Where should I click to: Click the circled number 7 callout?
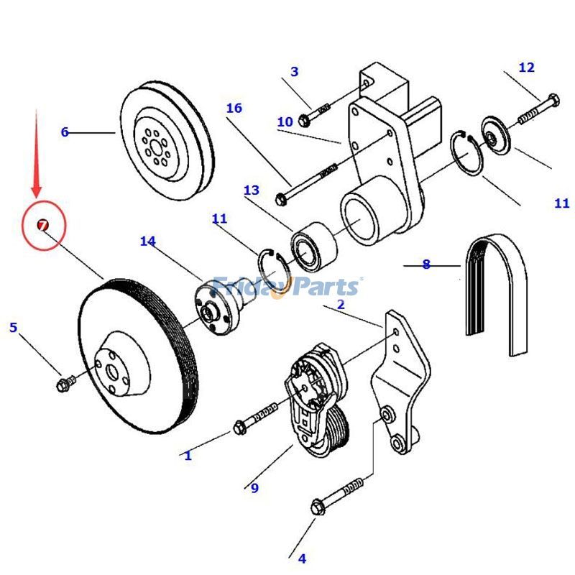[x=43, y=226]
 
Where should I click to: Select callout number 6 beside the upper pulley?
[x=65, y=132]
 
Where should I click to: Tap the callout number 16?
[x=234, y=109]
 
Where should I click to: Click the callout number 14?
[x=147, y=241]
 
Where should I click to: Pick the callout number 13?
[x=251, y=190]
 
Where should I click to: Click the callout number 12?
[x=526, y=68]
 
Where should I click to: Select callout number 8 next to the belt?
[x=426, y=264]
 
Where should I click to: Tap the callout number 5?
[x=13, y=328]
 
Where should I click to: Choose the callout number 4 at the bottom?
[x=302, y=558]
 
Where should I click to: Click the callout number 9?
[x=254, y=488]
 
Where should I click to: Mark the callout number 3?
[x=294, y=72]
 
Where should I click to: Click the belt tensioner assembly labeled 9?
[x=316, y=402]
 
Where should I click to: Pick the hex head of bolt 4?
[x=318, y=507]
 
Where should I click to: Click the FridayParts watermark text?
[x=287, y=287]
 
